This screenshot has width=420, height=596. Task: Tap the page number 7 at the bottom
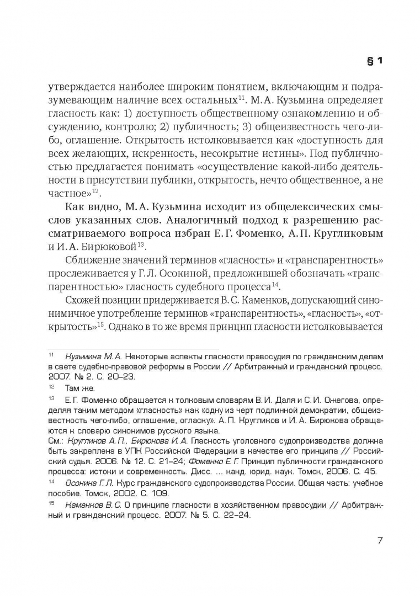click(380, 540)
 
